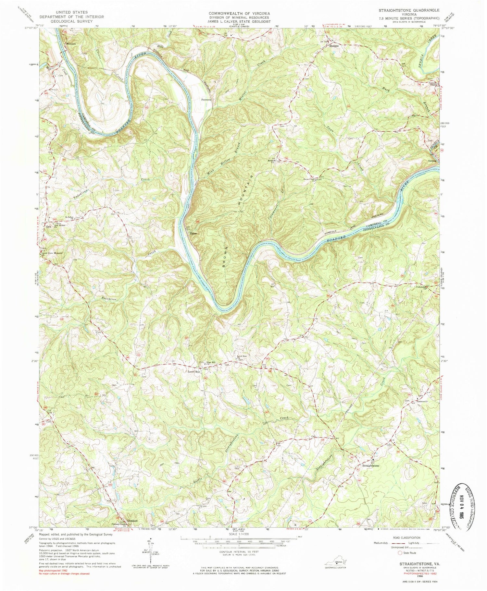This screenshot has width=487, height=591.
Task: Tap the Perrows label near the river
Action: tap(206, 100)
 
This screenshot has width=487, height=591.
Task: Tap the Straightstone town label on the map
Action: tap(370, 465)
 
